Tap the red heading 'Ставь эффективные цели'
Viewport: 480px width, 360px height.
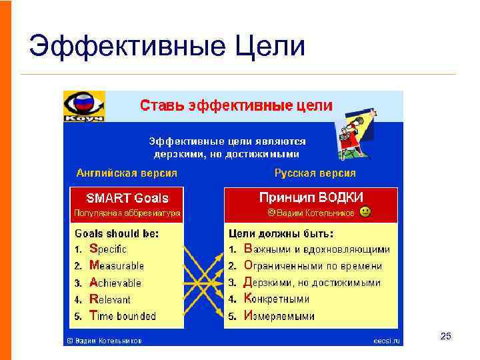pyautogui.click(x=235, y=105)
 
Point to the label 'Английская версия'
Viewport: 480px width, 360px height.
pyautogui.click(x=127, y=173)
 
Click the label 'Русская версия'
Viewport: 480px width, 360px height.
pyautogui.click(x=315, y=173)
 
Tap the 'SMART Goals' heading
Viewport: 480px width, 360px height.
pyautogui.click(x=127, y=198)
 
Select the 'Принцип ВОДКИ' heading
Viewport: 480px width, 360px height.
pyautogui.click(x=311, y=197)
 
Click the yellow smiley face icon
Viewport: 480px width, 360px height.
pyautogui.click(x=365, y=213)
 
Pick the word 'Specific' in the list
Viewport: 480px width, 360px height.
pyautogui.click(x=108, y=249)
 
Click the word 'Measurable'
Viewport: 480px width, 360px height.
pyautogui.click(x=117, y=266)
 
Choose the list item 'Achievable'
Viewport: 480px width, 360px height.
pyautogui.click(x=115, y=283)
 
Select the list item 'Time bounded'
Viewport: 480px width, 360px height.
pyautogui.click(x=122, y=316)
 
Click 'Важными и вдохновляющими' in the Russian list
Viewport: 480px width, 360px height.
pyautogui.click(x=317, y=249)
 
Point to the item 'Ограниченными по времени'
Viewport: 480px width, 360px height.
pyautogui.click(x=313, y=266)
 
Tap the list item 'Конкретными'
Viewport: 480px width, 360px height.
pyautogui.click(x=277, y=299)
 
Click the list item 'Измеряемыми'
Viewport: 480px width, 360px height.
pyautogui.click(x=279, y=316)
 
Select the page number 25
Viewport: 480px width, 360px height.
pyautogui.click(x=446, y=336)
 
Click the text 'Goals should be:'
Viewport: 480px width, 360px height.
pyautogui.click(x=117, y=233)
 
